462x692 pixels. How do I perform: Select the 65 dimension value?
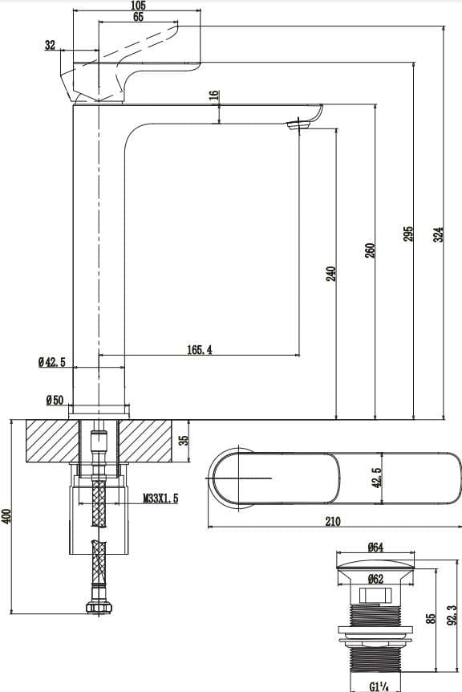tap(139, 18)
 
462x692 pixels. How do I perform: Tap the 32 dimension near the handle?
tap(51, 46)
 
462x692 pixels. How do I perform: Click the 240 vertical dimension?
tap(330, 273)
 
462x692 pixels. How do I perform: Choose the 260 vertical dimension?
tap(370, 250)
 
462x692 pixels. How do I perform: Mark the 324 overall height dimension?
tap(438, 234)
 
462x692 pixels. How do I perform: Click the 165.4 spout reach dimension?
tap(199, 349)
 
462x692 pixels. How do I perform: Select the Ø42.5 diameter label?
tap(51, 363)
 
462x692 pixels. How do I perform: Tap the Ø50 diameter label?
tap(55, 399)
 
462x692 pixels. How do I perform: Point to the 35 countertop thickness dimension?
tap(183, 441)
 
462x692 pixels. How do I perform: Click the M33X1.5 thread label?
tap(161, 499)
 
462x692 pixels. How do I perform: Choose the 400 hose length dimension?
tap(7, 516)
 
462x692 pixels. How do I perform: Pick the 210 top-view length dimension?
tap(333, 521)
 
